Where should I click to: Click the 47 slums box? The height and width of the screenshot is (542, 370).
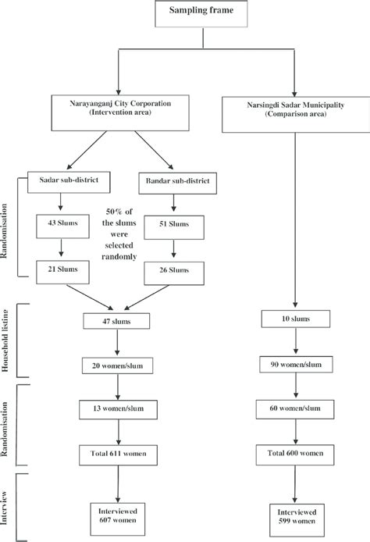tap(116, 321)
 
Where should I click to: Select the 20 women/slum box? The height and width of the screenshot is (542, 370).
tap(116, 364)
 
